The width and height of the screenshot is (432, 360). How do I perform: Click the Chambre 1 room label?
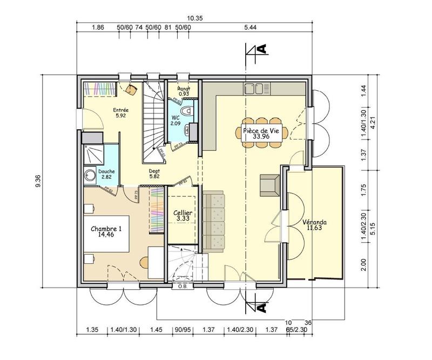click(x=106, y=229)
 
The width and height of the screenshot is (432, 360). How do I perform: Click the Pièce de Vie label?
click(x=256, y=131)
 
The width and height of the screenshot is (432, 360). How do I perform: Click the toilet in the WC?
click(x=187, y=110)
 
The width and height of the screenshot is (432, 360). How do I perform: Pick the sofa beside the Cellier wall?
click(x=213, y=221)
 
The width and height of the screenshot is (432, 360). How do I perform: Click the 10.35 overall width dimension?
click(x=196, y=18)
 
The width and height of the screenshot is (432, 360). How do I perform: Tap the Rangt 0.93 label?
click(x=184, y=91)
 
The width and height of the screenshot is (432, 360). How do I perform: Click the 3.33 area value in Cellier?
click(x=183, y=218)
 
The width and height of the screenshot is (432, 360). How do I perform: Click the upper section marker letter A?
click(x=262, y=50)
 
